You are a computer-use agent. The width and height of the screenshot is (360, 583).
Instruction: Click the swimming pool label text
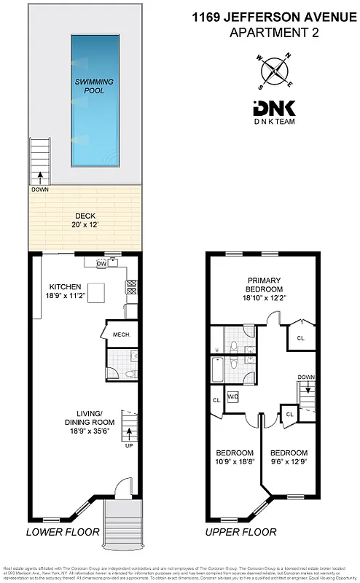click(90, 86)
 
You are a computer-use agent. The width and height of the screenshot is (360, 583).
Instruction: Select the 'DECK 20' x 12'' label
click(85, 220)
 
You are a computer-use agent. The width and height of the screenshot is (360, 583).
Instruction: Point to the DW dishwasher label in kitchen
click(101, 263)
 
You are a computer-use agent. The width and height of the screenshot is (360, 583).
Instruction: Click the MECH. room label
click(121, 335)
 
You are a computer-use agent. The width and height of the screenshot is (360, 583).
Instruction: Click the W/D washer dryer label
click(234, 397)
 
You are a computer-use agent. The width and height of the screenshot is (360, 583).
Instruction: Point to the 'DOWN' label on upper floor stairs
click(306, 377)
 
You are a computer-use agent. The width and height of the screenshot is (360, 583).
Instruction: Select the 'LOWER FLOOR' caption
click(63, 533)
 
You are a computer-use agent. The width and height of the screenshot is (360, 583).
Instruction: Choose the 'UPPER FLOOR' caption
click(240, 533)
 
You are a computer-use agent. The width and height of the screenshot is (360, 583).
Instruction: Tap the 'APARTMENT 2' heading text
click(272, 32)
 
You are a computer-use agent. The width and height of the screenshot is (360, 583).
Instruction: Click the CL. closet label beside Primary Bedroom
click(301, 337)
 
